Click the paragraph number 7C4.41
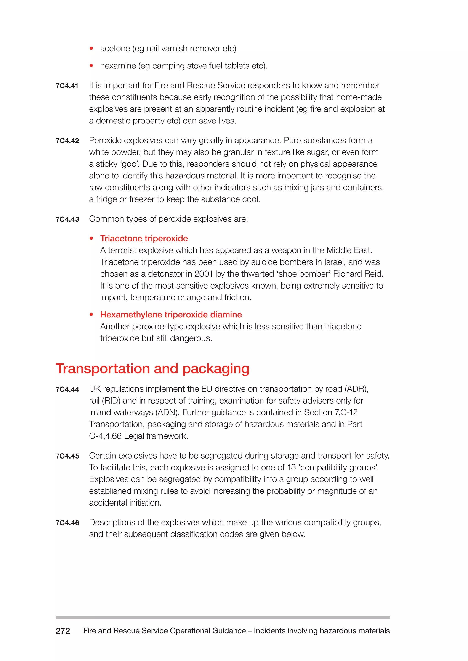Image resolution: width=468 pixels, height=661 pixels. pyautogui.click(x=67, y=86)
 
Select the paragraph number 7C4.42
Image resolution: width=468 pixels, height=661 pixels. pyautogui.click(x=67, y=141)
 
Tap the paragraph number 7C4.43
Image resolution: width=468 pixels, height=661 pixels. pyautogui.click(x=67, y=219)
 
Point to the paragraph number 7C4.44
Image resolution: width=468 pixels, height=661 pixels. pyautogui.click(x=67, y=389)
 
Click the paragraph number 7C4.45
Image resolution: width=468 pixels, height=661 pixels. pyautogui.click(x=67, y=456)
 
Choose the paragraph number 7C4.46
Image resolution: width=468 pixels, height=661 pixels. pyautogui.click(x=67, y=523)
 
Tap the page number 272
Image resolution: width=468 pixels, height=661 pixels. pyautogui.click(x=63, y=631)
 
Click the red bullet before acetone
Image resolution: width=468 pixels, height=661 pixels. pyautogui.click(x=91, y=48)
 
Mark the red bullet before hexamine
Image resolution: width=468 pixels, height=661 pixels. pyautogui.click(x=91, y=66)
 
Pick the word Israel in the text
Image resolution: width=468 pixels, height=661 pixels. pyautogui.click(x=335, y=262)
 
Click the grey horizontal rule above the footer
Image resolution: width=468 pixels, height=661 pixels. pyautogui.click(x=223, y=617)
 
